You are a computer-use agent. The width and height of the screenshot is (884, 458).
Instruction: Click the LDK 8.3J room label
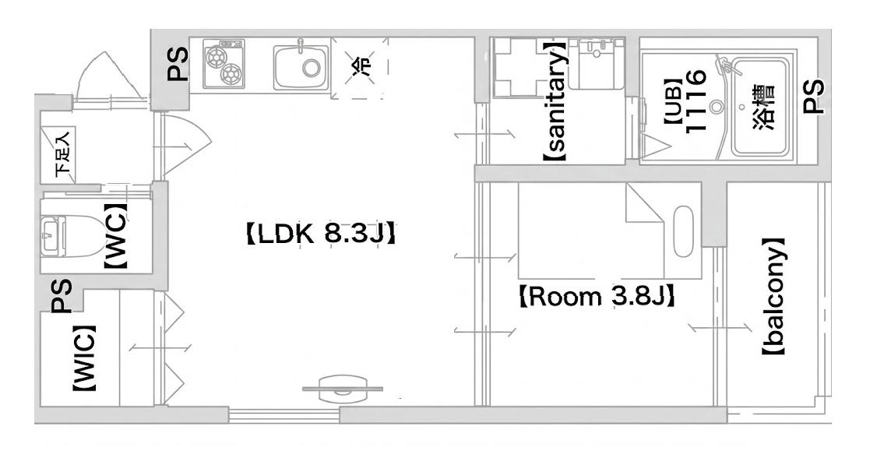click(x=319, y=234)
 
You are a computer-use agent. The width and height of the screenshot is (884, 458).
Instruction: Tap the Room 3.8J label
click(x=597, y=297)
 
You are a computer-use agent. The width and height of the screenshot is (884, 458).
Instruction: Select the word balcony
click(x=773, y=298)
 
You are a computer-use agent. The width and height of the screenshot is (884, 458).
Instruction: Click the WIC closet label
click(x=83, y=358)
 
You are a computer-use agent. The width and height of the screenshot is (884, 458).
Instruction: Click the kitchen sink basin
click(x=301, y=66)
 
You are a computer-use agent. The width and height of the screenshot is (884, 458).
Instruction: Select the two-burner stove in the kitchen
click(x=224, y=64)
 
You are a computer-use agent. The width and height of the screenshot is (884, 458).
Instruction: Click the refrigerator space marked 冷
click(x=360, y=68)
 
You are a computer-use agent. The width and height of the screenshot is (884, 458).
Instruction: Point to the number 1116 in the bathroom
click(x=696, y=101)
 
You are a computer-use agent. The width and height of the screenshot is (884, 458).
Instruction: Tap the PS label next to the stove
click(x=178, y=64)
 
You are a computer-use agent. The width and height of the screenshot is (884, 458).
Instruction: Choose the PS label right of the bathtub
click(x=813, y=97)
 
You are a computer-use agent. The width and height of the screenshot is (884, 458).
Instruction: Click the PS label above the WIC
click(x=62, y=296)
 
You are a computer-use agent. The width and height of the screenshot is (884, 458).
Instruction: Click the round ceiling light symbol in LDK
click(x=343, y=389)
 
